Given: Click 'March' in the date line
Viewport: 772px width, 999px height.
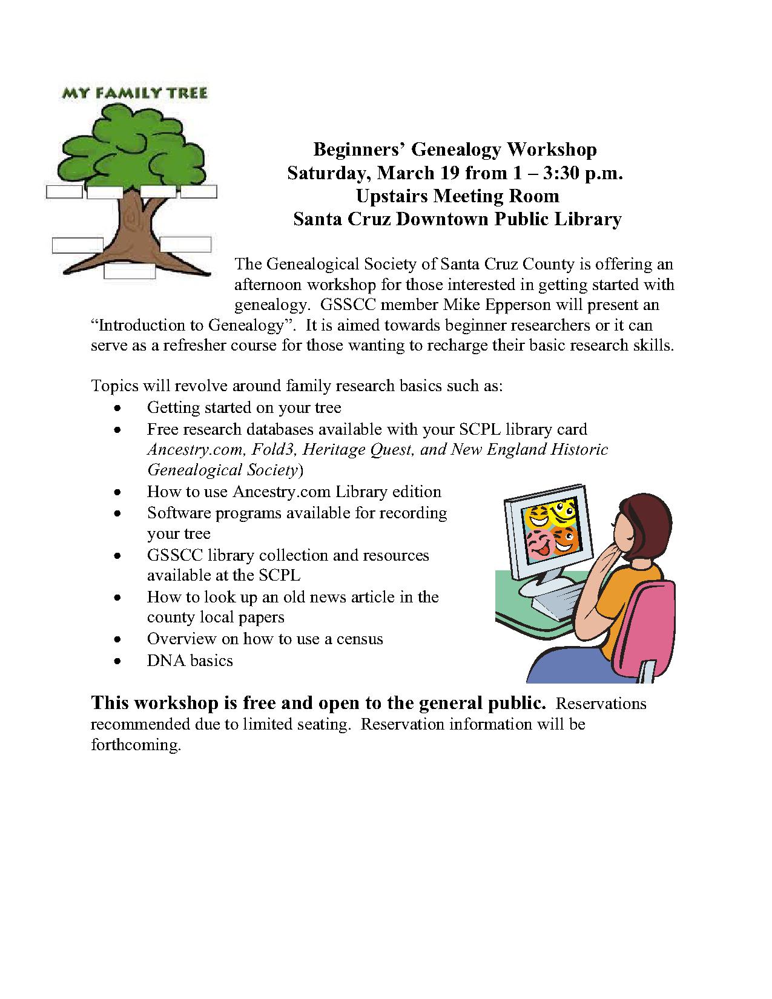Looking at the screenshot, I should coord(403,173).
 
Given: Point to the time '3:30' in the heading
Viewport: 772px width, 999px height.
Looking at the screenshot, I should coord(562,173).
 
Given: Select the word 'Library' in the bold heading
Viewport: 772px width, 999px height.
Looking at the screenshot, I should coord(588,219).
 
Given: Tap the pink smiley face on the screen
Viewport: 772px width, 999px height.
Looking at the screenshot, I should coord(536,542).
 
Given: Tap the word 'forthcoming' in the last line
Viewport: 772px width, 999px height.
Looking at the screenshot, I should coord(135,745).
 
